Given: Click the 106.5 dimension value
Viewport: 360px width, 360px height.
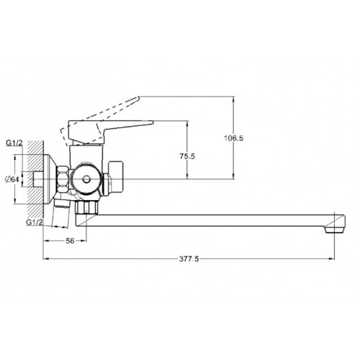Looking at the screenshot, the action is pos(233,138).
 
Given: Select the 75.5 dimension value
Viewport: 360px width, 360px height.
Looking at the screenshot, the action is pos(187,156).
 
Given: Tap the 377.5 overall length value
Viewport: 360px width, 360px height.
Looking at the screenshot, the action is pos(189,259).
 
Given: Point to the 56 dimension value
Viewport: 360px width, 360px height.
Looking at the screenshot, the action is pos(70,240).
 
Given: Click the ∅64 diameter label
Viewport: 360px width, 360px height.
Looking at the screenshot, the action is pos(12,179).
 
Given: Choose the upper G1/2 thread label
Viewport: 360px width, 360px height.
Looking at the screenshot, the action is pos(14,143).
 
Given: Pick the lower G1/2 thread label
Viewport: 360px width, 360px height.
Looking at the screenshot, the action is pos(35,222).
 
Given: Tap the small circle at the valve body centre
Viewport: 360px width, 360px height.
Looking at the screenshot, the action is pos(86,179).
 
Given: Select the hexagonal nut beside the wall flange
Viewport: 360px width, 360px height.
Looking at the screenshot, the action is pos(62,179).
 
